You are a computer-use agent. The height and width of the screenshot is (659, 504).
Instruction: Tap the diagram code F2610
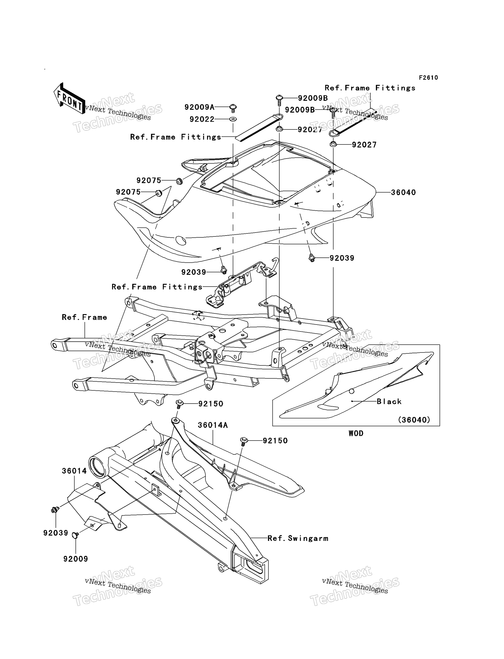pyautogui.click(x=428, y=78)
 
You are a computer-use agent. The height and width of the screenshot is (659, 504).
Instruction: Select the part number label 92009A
pyautogui.click(x=200, y=107)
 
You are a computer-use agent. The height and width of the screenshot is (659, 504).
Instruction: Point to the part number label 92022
pyautogui.click(x=202, y=119)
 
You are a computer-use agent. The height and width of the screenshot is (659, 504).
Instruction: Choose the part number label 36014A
pyautogui.click(x=213, y=425)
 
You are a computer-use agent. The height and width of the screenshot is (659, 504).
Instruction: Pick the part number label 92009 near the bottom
pyautogui.click(x=76, y=559)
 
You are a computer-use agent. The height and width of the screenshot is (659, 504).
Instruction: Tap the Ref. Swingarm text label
pyautogui.click(x=298, y=538)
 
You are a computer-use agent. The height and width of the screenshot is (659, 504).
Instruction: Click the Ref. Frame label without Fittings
pyautogui.click(x=84, y=317)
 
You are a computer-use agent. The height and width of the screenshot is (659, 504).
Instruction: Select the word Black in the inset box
pyautogui.click(x=389, y=401)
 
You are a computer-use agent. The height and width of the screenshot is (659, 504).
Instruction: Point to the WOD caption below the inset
pyautogui.click(x=356, y=434)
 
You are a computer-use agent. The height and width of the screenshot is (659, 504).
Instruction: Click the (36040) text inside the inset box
pyautogui.click(x=414, y=420)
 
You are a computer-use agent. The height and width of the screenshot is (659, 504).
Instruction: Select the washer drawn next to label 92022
pyautogui.click(x=233, y=119)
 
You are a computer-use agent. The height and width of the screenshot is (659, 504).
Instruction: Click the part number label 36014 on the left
pyautogui.click(x=74, y=471)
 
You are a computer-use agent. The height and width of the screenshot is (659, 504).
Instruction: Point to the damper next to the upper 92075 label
pyautogui.click(x=179, y=181)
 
